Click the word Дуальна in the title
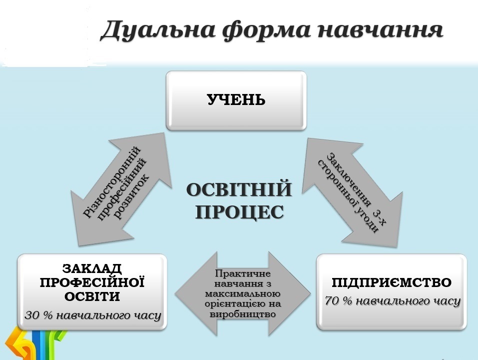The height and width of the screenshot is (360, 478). tap(158, 30)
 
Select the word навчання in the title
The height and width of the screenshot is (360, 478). tap(380, 30)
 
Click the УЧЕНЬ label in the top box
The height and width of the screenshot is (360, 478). tap(236, 100)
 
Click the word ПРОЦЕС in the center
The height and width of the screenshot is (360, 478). tap(240, 212)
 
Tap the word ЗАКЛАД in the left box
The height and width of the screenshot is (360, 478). tap(92, 269)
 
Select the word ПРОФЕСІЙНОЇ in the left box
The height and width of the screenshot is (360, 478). tap(92, 282)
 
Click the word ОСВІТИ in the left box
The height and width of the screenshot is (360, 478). tap(92, 296)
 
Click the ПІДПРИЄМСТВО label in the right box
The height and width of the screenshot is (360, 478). tap(392, 282)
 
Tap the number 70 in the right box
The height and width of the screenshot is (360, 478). tap(332, 301)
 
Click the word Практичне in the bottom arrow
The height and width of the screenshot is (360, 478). tap(243, 273)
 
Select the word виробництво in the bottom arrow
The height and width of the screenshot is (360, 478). tap(243, 314)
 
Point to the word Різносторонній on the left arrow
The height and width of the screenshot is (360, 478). tap(112, 182)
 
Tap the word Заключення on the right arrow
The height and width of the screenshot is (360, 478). tap(349, 180)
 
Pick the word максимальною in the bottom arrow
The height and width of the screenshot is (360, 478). tap(243, 294)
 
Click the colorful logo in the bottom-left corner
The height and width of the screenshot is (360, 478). tap(34, 344)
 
